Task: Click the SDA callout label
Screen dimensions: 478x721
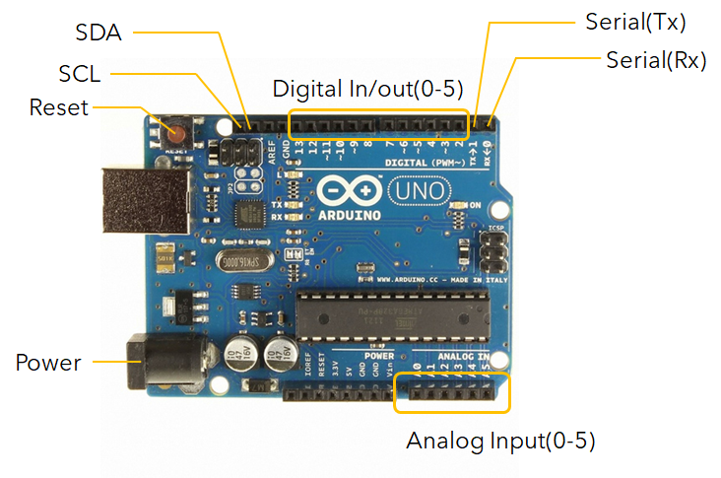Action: tap(98, 33)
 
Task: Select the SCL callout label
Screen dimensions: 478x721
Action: tap(87, 75)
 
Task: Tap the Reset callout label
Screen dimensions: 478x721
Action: tap(59, 106)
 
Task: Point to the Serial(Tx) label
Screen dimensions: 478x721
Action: tap(635, 22)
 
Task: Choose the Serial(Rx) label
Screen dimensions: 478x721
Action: tap(656, 59)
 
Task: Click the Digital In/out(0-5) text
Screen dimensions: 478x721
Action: tap(367, 88)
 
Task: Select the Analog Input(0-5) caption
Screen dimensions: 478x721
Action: tap(501, 440)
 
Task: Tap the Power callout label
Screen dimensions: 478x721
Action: tap(48, 363)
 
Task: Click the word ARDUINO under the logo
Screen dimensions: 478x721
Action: tap(346, 211)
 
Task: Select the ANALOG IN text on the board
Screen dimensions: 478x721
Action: tap(463, 355)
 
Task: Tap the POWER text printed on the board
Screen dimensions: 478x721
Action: tap(379, 355)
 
